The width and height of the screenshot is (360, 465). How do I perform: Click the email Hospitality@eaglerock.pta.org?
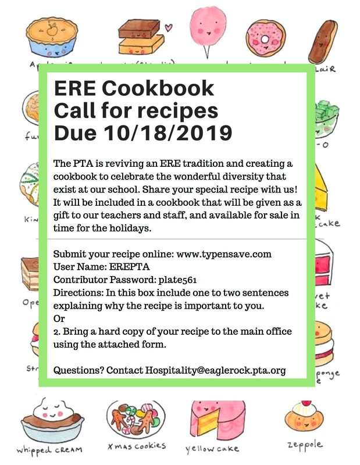215,370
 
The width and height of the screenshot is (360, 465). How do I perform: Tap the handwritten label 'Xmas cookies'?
137,446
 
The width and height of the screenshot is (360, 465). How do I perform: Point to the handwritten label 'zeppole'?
305,445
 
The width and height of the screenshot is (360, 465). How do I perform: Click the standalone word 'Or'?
59,319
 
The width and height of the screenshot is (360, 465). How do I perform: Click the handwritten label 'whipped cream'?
49,449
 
